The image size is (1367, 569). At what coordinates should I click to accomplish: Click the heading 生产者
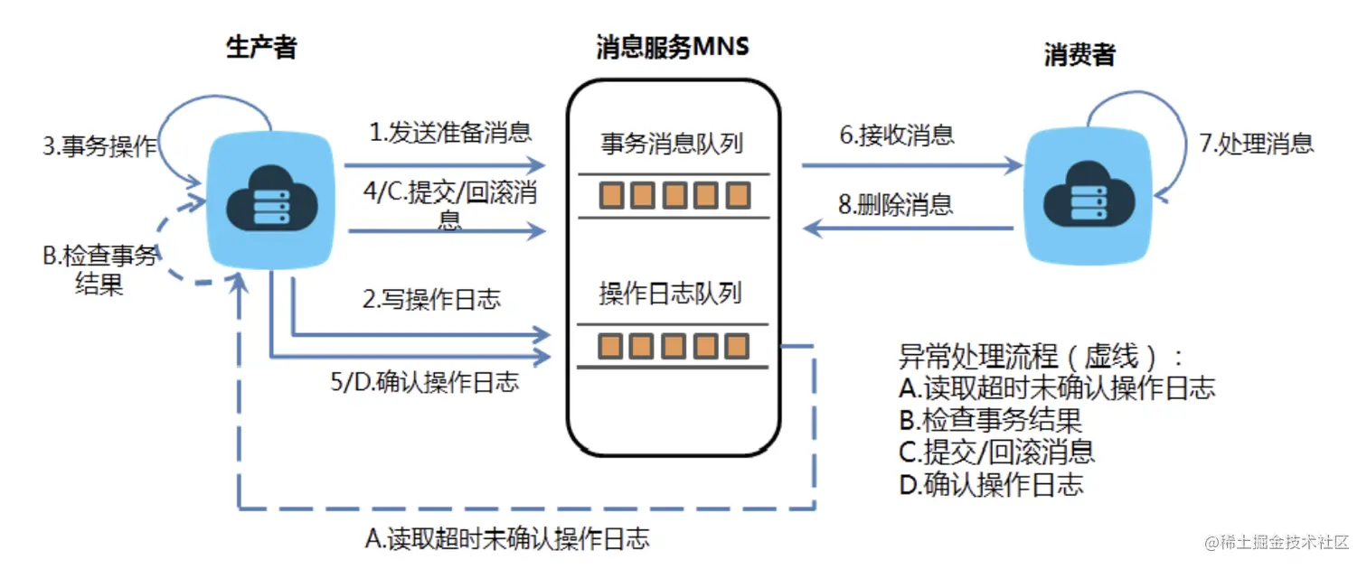(260, 48)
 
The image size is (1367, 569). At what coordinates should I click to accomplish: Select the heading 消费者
(1079, 54)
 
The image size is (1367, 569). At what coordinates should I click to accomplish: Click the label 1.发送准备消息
(449, 133)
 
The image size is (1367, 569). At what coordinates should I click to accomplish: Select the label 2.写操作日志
(431, 299)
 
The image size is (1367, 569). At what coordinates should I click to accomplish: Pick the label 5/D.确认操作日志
(425, 381)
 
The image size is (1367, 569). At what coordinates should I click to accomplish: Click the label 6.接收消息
(896, 135)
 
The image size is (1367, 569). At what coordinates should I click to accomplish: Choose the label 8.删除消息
(895, 204)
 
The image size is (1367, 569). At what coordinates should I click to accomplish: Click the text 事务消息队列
(672, 142)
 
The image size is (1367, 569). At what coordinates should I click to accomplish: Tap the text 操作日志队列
(670, 294)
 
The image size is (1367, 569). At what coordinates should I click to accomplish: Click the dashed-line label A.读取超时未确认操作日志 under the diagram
(506, 538)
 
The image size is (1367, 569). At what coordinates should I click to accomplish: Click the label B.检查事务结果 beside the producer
(99, 271)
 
